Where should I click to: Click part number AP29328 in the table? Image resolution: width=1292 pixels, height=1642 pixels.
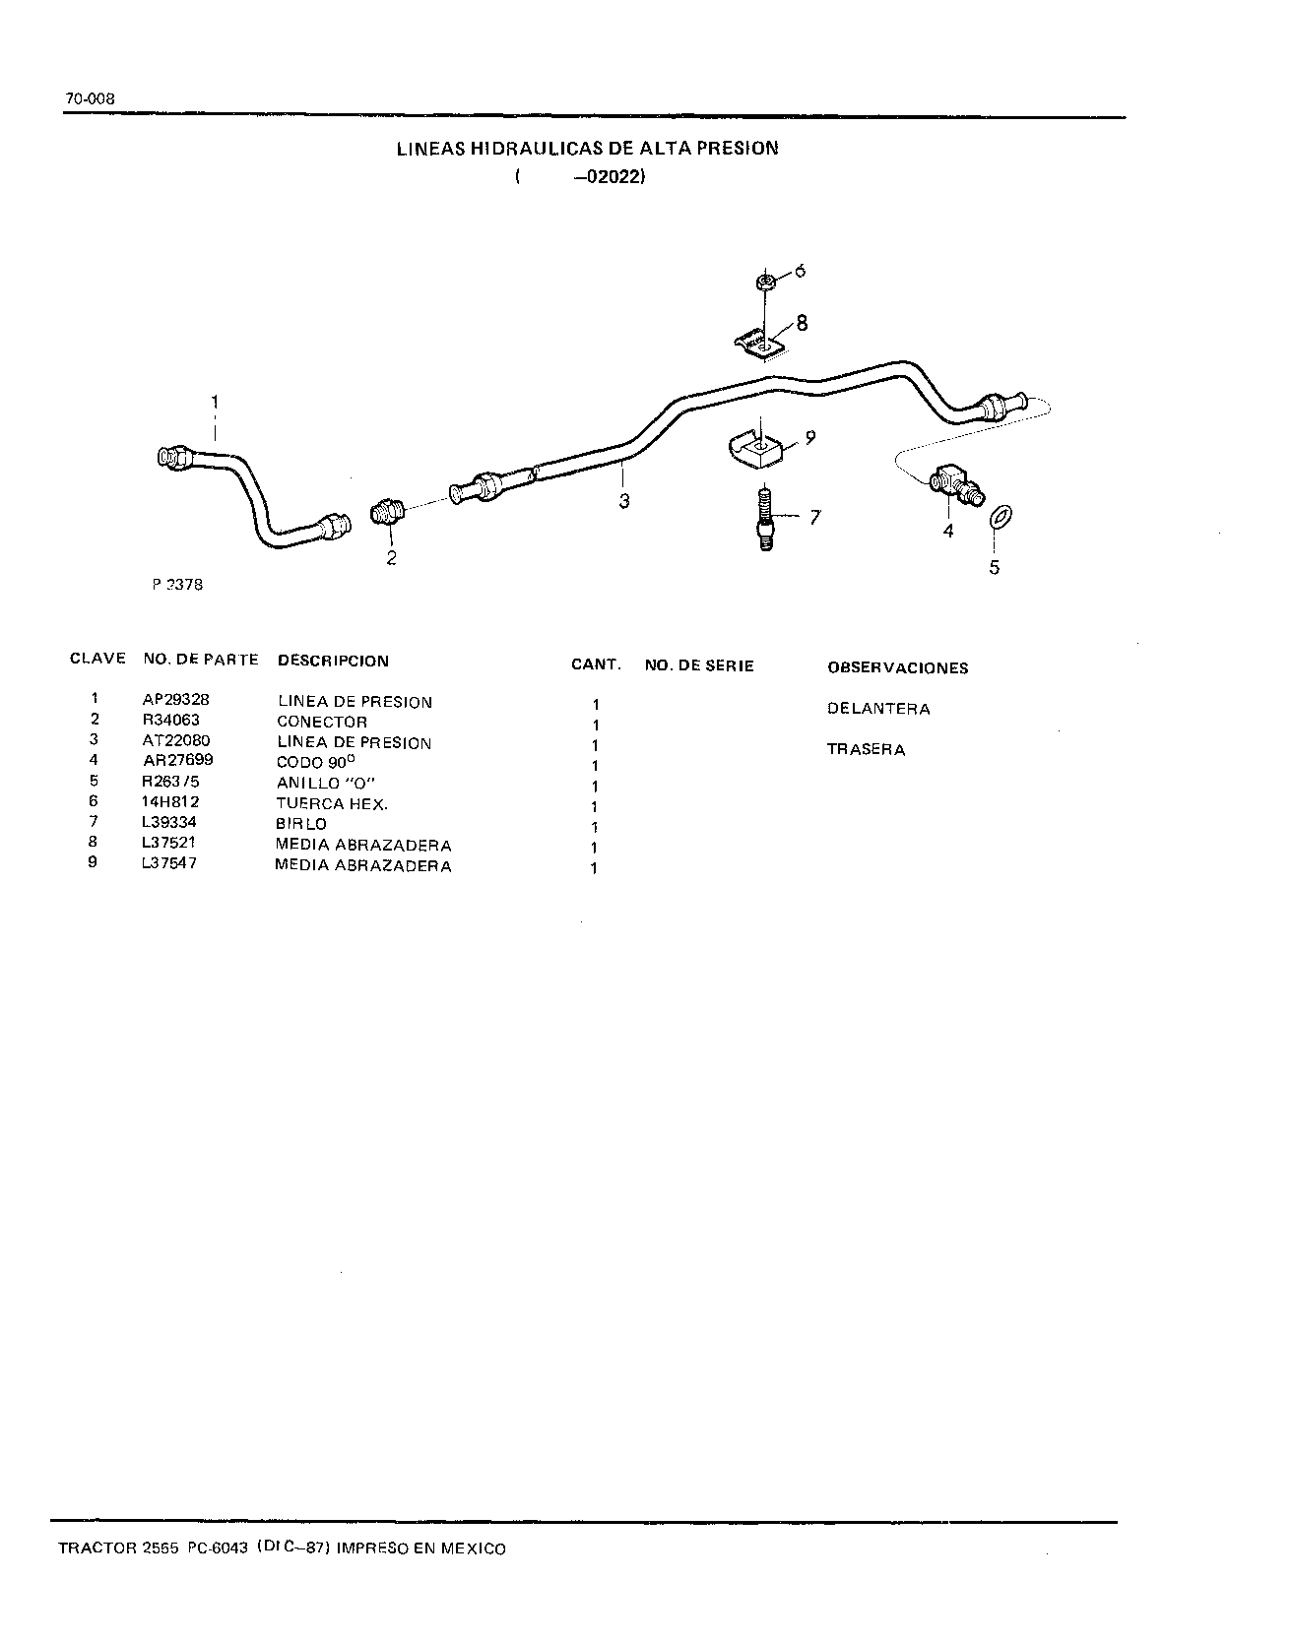tap(176, 699)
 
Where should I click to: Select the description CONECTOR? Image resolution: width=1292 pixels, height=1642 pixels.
tap(322, 722)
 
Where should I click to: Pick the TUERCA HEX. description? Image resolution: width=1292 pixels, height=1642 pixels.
tap(333, 803)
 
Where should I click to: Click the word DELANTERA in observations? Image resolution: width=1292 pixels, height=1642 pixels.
tap(878, 709)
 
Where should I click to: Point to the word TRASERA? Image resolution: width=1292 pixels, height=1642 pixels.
tap(866, 749)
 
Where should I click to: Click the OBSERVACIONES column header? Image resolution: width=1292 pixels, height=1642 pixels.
tap(898, 667)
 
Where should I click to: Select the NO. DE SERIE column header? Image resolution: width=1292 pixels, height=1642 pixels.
tap(699, 665)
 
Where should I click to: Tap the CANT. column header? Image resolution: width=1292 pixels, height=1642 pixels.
tap(596, 664)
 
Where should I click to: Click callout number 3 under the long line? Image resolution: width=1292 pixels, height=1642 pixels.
tap(623, 501)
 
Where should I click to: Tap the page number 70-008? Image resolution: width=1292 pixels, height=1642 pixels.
tap(91, 98)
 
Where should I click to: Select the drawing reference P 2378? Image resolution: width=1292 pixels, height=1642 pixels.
tap(177, 584)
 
